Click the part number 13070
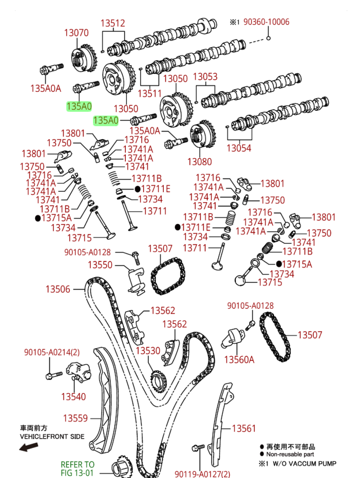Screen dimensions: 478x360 point(76,33)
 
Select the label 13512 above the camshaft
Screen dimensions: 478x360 point(113,24)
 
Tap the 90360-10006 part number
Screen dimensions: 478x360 point(267,22)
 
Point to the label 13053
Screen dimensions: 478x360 point(205,77)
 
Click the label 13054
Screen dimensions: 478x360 point(238,148)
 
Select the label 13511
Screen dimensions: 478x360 point(149,92)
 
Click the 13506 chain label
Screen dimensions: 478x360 point(58,289)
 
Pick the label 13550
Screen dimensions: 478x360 point(100,264)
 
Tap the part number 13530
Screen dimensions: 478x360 point(148,350)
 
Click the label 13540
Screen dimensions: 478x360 point(73,397)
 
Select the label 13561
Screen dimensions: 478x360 point(243,428)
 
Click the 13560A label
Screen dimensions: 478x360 point(239,360)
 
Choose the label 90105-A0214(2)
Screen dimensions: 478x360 point(52,353)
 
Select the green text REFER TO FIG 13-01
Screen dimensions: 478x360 point(77,469)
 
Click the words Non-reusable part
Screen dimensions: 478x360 point(291,454)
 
